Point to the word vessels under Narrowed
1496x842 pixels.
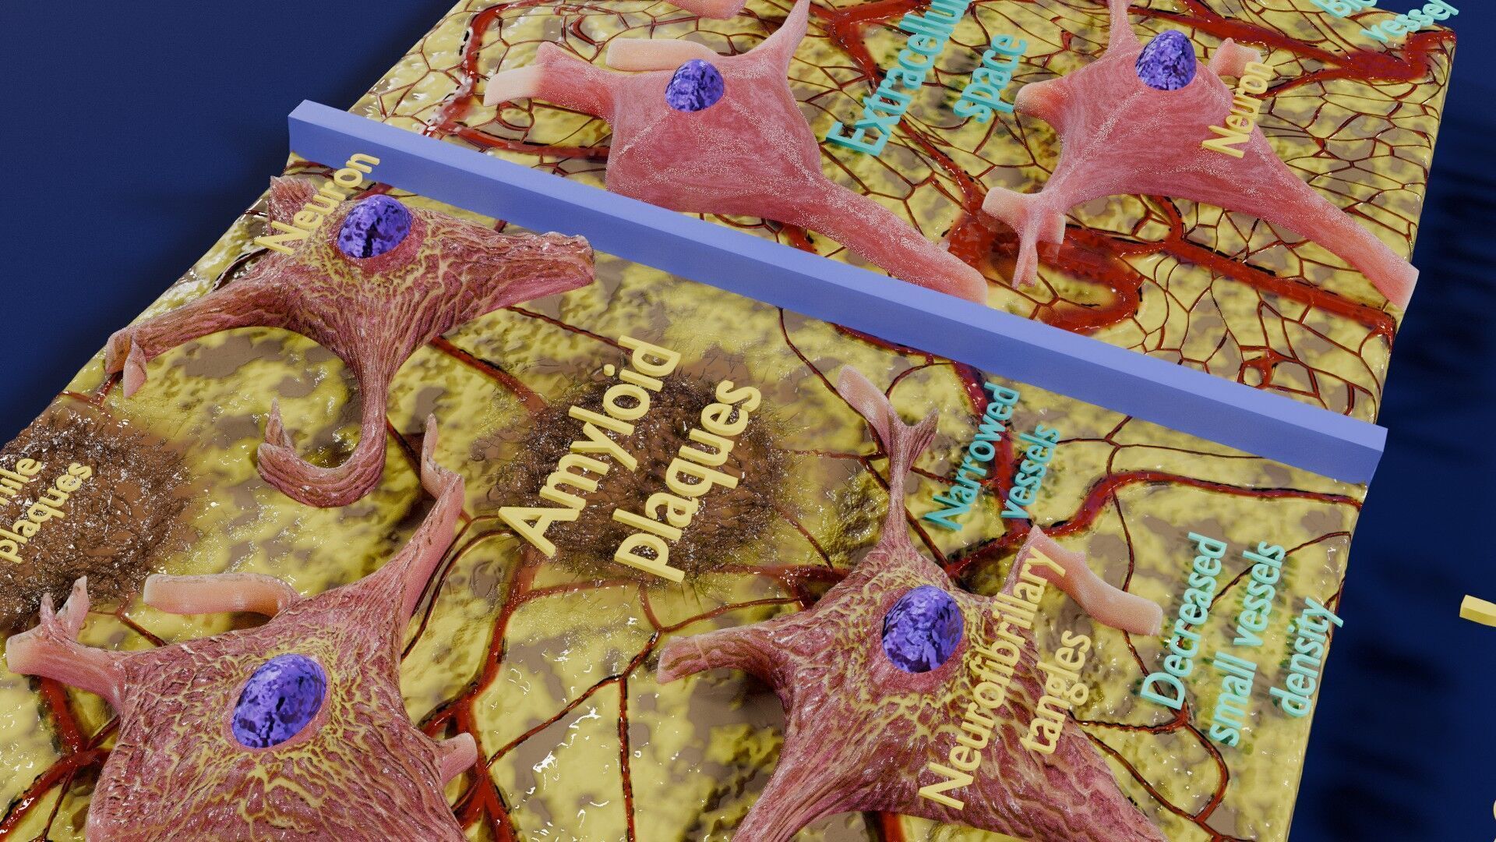pos(1032,472)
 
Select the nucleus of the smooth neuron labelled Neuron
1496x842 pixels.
pos(1166,59)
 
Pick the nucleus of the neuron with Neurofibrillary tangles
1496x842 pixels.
pos(923,628)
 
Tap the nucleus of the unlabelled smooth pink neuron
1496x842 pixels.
pos(695,84)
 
